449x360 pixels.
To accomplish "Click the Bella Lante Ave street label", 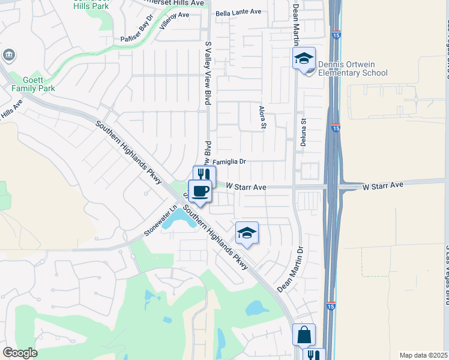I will pos(239,12).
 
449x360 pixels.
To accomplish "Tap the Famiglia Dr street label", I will pos(229,161).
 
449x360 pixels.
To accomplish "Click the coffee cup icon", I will pos(200,191).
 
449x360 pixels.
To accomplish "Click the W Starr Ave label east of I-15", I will pos(383,186).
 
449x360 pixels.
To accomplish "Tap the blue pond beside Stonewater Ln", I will pos(178,221).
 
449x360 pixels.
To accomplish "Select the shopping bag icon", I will pos(304,334).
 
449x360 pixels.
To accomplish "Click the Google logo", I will pos(20,353).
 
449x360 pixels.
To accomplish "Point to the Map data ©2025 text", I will pos(423,355).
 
